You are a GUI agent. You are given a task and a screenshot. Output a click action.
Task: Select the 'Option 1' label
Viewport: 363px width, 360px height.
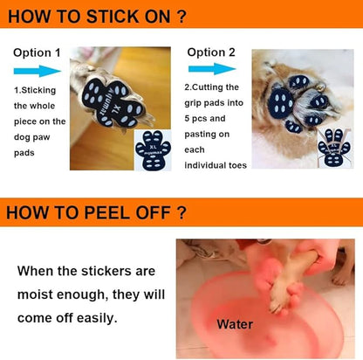click(x=38, y=52)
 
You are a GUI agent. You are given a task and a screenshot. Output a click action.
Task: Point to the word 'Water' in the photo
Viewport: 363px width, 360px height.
click(x=235, y=324)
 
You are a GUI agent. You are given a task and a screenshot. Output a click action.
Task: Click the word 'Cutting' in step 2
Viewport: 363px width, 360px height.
click(x=221, y=87)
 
